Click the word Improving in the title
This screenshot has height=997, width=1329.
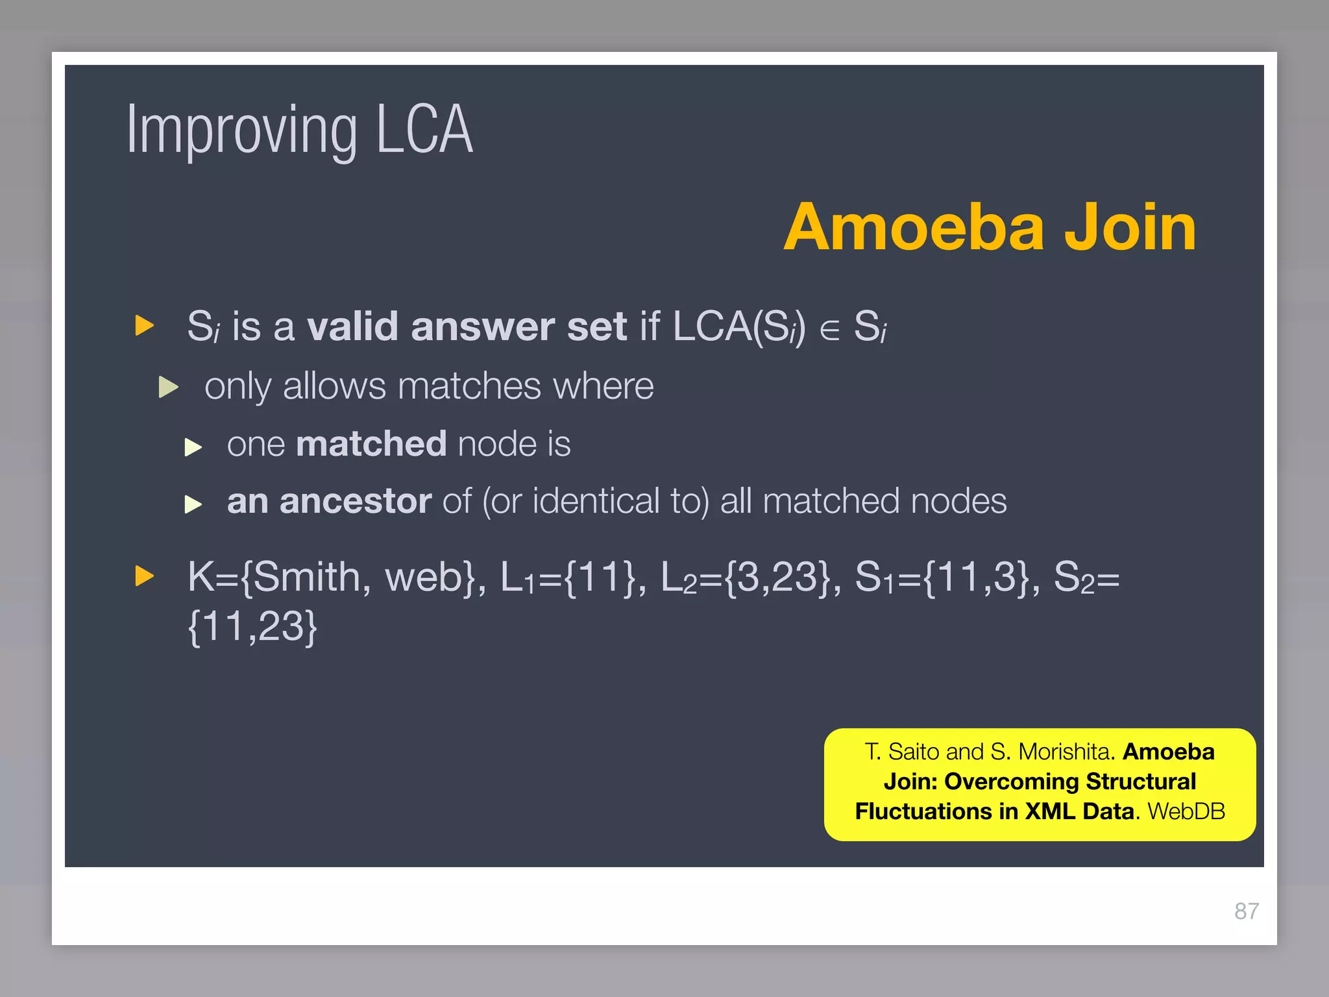[241, 131]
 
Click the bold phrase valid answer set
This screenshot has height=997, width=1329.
[467, 326]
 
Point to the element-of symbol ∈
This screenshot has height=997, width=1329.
[829, 330]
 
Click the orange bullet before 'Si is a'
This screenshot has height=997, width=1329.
[144, 325]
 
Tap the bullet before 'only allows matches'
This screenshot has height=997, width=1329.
[168, 388]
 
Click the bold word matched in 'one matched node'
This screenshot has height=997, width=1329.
[371, 444]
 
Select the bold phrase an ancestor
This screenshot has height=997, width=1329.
[329, 501]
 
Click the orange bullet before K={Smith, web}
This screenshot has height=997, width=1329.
[144, 576]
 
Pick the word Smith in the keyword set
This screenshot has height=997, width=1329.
[306, 576]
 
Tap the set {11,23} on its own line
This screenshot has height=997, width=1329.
[252, 626]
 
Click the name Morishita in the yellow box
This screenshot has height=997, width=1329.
[1066, 752]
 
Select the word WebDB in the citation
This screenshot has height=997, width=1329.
[1186, 811]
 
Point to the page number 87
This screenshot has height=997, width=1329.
[1246, 911]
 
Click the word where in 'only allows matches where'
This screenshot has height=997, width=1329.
[603, 387]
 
